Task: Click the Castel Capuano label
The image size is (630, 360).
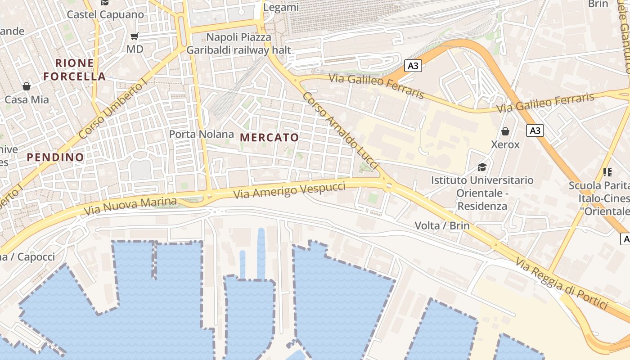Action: [105, 14]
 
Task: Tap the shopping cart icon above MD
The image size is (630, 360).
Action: [134, 36]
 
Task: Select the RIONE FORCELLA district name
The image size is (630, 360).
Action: [75, 70]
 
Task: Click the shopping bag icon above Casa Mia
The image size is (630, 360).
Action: [27, 86]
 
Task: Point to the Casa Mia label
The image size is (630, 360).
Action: [27, 99]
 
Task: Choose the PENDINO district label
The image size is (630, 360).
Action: [55, 157]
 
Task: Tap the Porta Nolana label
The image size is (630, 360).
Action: [201, 134]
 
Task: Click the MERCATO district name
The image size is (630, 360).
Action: [270, 137]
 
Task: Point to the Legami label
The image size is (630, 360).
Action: [281, 7]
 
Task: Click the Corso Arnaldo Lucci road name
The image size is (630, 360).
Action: [340, 130]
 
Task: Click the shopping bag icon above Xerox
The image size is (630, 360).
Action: [505, 131]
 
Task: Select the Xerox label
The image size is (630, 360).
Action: [505, 144]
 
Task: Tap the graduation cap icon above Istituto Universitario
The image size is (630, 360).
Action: [482, 167]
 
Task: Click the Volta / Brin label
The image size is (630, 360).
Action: [442, 225]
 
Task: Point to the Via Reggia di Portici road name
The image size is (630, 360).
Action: [562, 284]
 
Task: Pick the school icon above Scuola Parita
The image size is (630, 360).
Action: [607, 172]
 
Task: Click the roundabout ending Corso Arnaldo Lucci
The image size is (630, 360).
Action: [388, 185]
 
